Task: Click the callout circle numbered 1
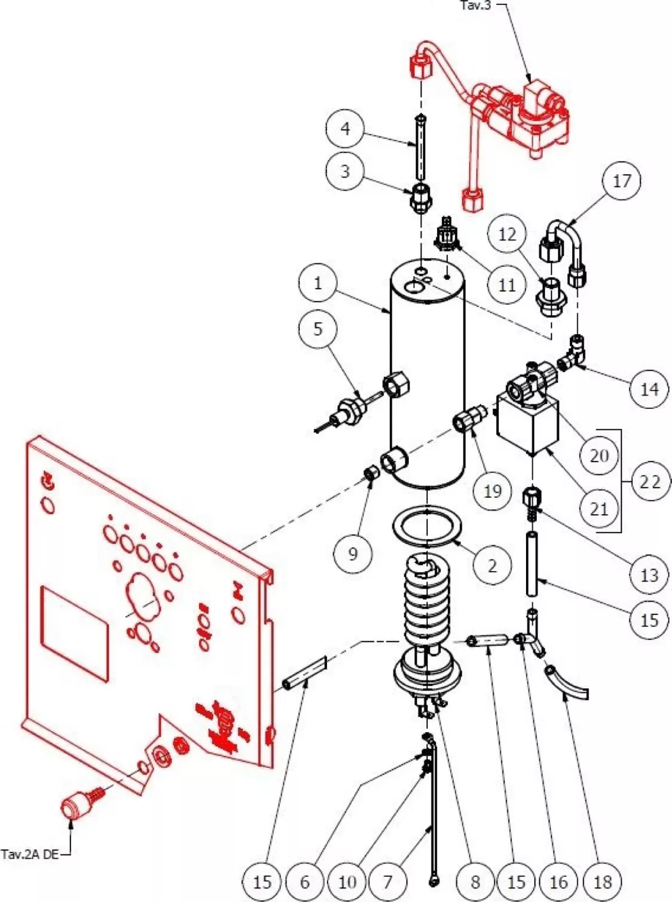click(318, 283)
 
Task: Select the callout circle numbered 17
click(621, 181)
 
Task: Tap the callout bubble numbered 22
click(649, 482)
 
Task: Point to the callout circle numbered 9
click(353, 554)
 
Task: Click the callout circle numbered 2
click(492, 565)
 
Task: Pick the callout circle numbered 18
click(602, 882)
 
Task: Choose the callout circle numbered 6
click(305, 882)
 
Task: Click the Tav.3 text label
click(475, 6)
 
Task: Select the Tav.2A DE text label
click(29, 854)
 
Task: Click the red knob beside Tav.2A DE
click(75, 807)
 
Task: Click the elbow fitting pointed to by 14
click(576, 351)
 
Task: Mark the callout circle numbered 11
click(507, 285)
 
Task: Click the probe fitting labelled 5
click(348, 412)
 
